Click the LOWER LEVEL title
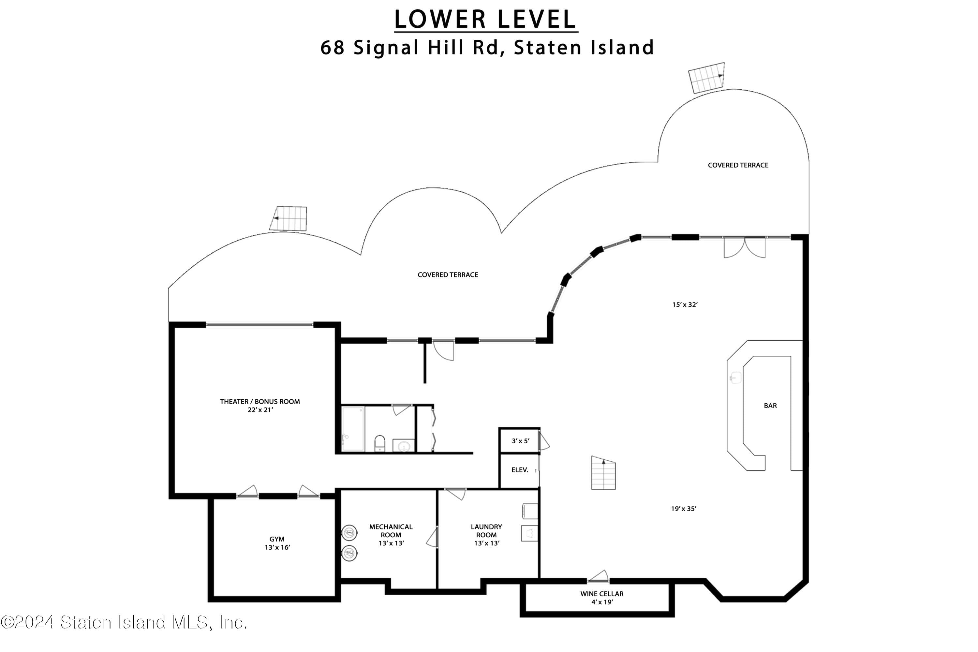click(x=486, y=19)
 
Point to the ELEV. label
click(x=520, y=470)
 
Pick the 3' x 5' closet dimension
click(x=520, y=441)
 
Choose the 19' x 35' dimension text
click(x=684, y=509)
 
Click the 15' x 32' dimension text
click(x=685, y=304)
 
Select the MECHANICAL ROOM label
click(x=391, y=531)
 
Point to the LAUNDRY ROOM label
click(x=486, y=531)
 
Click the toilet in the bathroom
click(x=380, y=443)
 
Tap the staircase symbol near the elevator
click(x=603, y=473)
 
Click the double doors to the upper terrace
click(x=745, y=247)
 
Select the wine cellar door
click(x=598, y=576)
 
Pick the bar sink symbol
click(x=735, y=378)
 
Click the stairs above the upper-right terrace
click(x=706, y=78)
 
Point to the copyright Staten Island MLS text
click(x=124, y=622)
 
